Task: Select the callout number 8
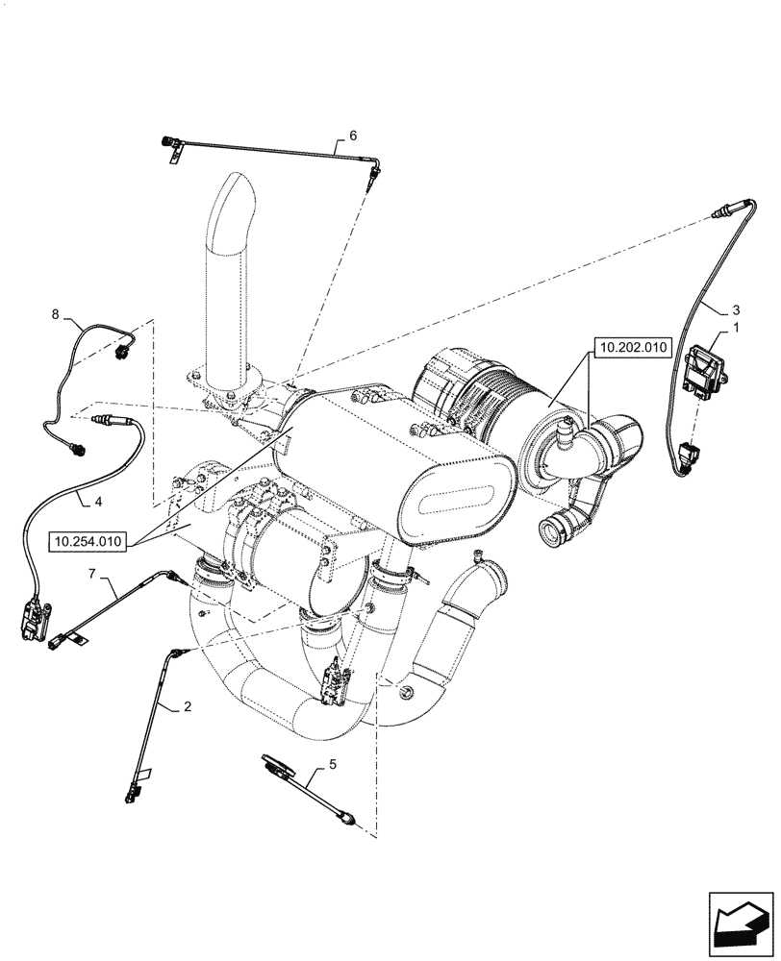56,314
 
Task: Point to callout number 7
93,574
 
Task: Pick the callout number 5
334,766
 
